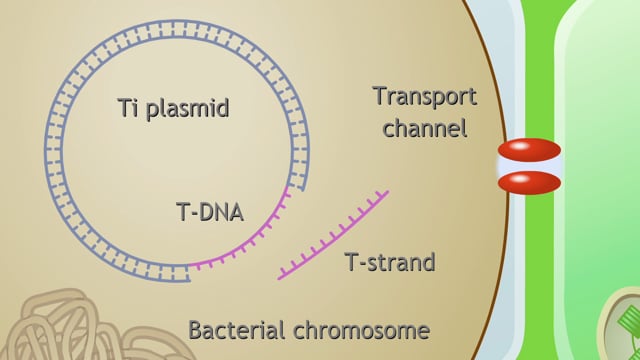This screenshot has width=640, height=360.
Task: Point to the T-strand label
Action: click(x=390, y=263)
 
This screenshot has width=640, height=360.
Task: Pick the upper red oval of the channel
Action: click(x=529, y=152)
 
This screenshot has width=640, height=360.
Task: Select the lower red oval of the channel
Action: click(x=529, y=182)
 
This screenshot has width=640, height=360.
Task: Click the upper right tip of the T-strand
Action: click(x=386, y=192)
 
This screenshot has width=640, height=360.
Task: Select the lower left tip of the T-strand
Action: click(x=281, y=277)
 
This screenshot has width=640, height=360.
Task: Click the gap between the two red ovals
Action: click(x=529, y=167)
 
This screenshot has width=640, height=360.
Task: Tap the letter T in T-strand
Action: click(x=351, y=263)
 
